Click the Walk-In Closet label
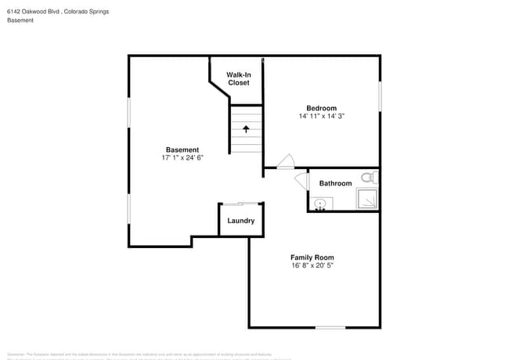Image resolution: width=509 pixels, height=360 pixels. tap(238, 78)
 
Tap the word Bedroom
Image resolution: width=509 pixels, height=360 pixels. tap(321, 108)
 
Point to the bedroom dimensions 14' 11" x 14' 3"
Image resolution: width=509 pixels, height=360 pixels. tap(321, 116)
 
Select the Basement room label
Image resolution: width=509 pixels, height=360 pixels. tap(182, 149)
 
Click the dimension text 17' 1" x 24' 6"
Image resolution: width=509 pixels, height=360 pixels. tap(182, 157)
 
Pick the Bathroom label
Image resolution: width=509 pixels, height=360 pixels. tap(335, 183)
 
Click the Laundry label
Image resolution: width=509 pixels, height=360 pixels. tap(240, 221)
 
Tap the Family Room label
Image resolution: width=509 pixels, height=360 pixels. tap(312, 257)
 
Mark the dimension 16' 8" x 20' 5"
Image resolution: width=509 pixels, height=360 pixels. tap(312, 265)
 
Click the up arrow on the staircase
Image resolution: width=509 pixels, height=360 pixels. tap(246, 128)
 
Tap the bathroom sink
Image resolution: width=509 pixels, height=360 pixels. tap(319, 204)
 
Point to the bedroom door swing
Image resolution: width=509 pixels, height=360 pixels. tap(286, 161)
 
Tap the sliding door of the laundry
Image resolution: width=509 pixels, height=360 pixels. tap(240, 203)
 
